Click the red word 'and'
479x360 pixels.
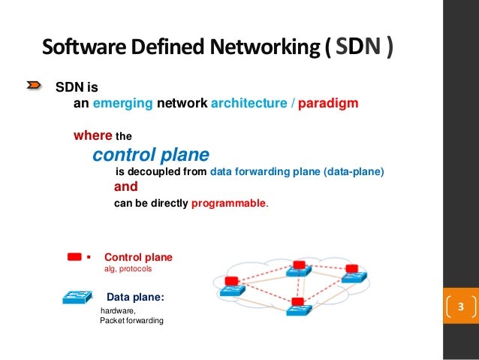click(x=126, y=187)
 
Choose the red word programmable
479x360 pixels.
click(x=229, y=203)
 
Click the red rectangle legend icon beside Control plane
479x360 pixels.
click(x=74, y=256)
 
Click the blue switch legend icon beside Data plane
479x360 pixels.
click(x=75, y=298)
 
